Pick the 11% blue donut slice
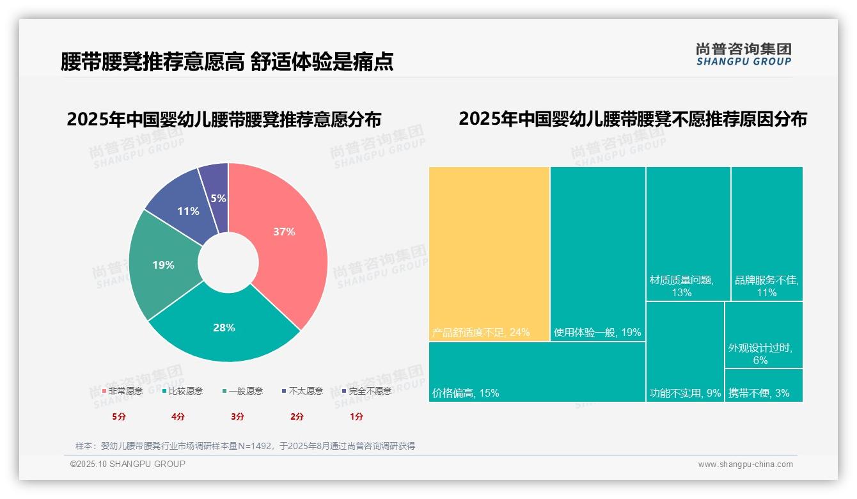click(x=188, y=211)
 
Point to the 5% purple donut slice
click(x=217, y=189)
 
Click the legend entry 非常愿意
click(x=122, y=391)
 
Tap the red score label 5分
click(x=120, y=416)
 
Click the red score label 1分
click(x=356, y=416)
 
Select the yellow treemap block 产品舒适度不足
click(x=489, y=253)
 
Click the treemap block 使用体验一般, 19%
click(x=597, y=253)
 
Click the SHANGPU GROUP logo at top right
click(x=743, y=54)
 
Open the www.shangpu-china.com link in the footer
click(x=745, y=464)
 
